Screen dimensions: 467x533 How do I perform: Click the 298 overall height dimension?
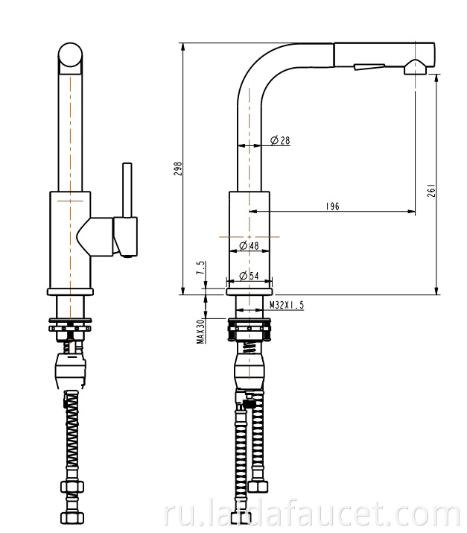pos(178,169)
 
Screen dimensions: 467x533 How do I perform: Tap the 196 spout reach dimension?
pos(332,206)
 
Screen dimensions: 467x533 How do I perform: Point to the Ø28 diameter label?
pos(280,140)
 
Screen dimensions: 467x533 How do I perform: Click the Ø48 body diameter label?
pos(249,245)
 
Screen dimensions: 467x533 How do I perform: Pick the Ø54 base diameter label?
pos(249,276)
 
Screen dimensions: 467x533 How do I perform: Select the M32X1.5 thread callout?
pos(287,305)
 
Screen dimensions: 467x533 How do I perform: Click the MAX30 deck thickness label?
pos(201,331)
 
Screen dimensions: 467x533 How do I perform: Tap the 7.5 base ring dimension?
pos(201,268)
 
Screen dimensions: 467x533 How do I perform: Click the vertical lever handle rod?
pos(127,189)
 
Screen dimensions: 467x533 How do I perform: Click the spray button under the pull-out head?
pos(369,66)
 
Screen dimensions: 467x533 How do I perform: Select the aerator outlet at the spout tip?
pos(415,67)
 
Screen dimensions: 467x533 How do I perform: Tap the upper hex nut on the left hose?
pos(72,487)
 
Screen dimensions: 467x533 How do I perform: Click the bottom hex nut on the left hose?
pos(72,517)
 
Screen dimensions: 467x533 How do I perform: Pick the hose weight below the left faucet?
pos(70,370)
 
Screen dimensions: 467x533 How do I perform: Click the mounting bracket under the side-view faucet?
pos(250,329)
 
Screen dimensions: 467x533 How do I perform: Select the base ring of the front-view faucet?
pos(70,291)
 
